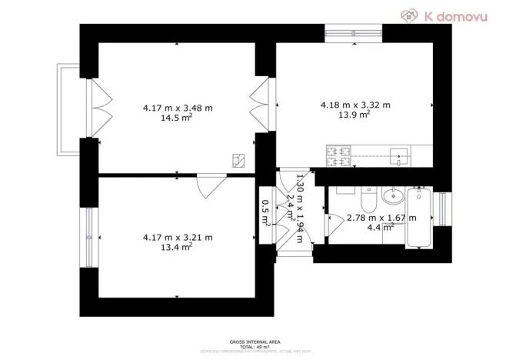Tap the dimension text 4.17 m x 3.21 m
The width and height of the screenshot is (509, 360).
[178, 238]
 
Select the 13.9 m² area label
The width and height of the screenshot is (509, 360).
[355, 115]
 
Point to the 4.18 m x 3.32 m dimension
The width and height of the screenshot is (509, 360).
[355, 105]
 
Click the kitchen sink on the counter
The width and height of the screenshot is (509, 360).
[400, 155]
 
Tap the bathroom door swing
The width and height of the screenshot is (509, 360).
[334, 225]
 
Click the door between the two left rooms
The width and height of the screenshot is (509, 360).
[209, 185]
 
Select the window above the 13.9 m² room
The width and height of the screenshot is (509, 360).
[354, 32]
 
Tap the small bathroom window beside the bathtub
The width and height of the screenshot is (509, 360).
[444, 208]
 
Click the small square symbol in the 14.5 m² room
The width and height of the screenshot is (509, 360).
[239, 159]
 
